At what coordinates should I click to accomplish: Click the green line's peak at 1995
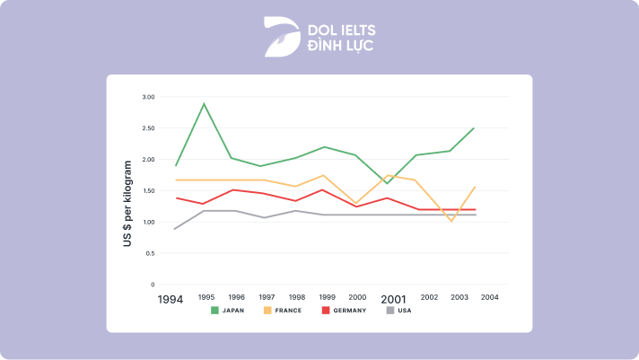[205, 103]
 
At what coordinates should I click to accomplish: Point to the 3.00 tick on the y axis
[148, 97]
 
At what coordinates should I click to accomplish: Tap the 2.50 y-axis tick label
[148, 128]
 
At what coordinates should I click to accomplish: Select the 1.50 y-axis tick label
[148, 191]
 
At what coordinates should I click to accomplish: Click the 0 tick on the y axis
[152, 285]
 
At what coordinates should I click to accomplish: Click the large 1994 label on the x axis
[171, 298]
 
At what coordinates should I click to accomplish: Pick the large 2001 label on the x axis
[393, 298]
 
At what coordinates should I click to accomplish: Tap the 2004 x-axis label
[489, 296]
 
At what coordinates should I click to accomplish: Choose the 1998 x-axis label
[298, 296]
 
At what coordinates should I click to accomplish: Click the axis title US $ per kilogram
[128, 205]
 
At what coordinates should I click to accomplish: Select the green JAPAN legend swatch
[215, 311]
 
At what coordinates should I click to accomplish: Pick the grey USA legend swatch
[390, 311]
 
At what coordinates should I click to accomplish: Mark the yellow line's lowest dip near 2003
[451, 221]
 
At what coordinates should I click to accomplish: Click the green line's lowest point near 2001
[388, 183]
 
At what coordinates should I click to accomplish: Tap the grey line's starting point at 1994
[176, 229]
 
